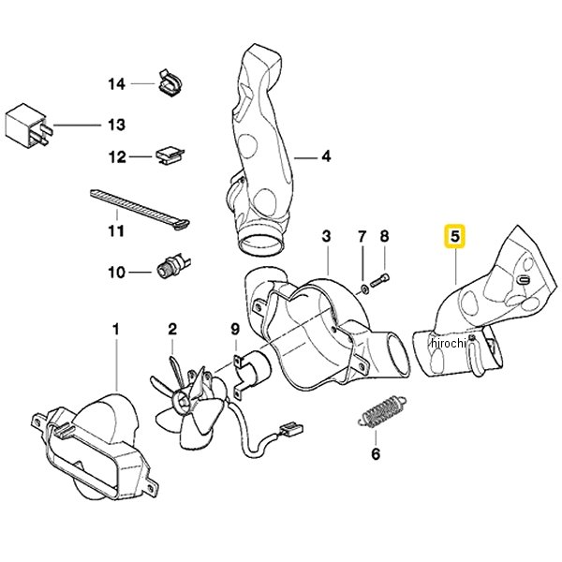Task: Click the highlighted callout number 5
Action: [x=455, y=237]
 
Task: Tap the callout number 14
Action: [x=117, y=84]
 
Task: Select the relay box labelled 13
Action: [x=29, y=125]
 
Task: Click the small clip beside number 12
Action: [x=170, y=156]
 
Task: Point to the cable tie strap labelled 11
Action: [x=140, y=211]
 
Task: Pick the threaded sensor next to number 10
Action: [x=173, y=267]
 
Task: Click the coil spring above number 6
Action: [x=382, y=412]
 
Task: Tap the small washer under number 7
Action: [x=363, y=288]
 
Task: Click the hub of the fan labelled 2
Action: [x=180, y=401]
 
